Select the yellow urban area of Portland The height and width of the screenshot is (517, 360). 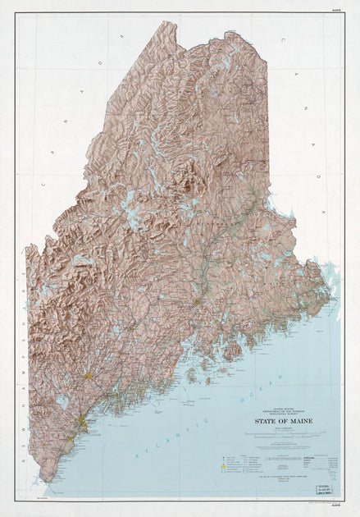(x=82, y=423)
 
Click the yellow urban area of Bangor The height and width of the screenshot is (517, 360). (x=197, y=302)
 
